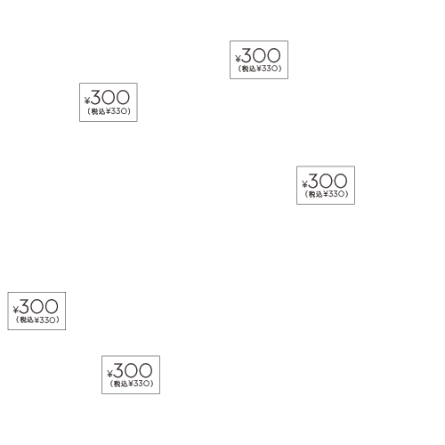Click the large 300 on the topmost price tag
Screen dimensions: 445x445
(x=261, y=55)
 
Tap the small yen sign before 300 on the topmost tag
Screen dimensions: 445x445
(x=238, y=59)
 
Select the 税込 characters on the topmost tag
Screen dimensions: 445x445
(x=248, y=69)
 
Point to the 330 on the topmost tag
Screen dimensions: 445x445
(x=270, y=69)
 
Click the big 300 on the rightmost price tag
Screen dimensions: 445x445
(x=328, y=181)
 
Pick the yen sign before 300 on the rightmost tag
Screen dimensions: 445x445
(x=304, y=184)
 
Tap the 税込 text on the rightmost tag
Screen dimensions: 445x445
(x=315, y=194)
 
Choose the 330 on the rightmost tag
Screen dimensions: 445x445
(x=336, y=194)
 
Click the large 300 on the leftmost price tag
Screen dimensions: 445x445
(x=38, y=306)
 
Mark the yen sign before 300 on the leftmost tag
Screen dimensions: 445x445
(x=15, y=310)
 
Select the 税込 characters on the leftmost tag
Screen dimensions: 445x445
(x=26, y=320)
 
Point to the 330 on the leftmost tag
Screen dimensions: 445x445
(x=47, y=320)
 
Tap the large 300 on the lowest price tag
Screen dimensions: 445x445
(x=133, y=370)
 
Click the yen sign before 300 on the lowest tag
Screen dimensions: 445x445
(x=109, y=374)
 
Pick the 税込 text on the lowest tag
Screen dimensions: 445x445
(x=120, y=384)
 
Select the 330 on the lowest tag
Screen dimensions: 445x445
(x=142, y=384)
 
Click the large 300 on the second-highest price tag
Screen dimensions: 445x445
(x=110, y=98)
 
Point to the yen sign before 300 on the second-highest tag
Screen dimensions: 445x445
(x=87, y=101)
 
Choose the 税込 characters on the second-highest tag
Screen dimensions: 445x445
(x=98, y=111)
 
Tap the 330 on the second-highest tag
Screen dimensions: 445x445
(x=118, y=111)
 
